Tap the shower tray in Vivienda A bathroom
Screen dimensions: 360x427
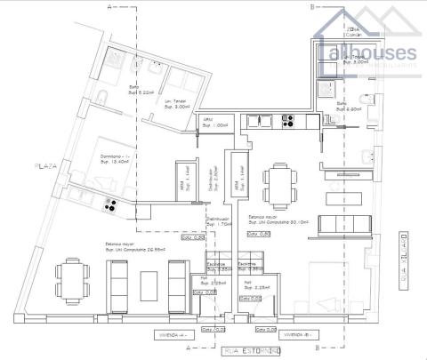(117, 60)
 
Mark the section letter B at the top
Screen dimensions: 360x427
(310, 7)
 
